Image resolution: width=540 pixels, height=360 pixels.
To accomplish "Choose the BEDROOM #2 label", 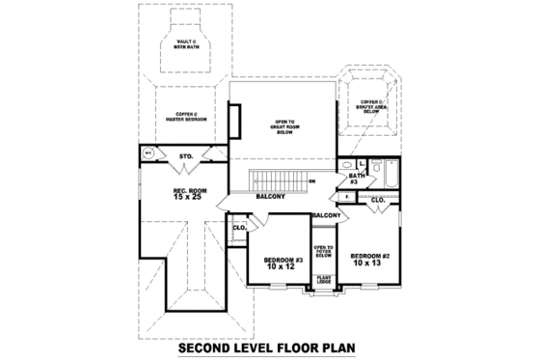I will coord(369,256).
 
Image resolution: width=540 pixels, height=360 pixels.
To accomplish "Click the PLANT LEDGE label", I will coord(324,281).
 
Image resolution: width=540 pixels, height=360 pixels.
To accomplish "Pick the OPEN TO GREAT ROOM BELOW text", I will coord(284,126).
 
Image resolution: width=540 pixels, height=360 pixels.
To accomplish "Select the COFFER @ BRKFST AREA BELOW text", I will coord(371,105).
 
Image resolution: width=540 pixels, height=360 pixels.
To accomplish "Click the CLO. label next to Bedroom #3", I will coord(239,228).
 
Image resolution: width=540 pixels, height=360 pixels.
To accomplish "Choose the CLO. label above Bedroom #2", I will coord(378,200).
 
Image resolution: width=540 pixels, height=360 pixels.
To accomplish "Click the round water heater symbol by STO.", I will coord(148,153).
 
